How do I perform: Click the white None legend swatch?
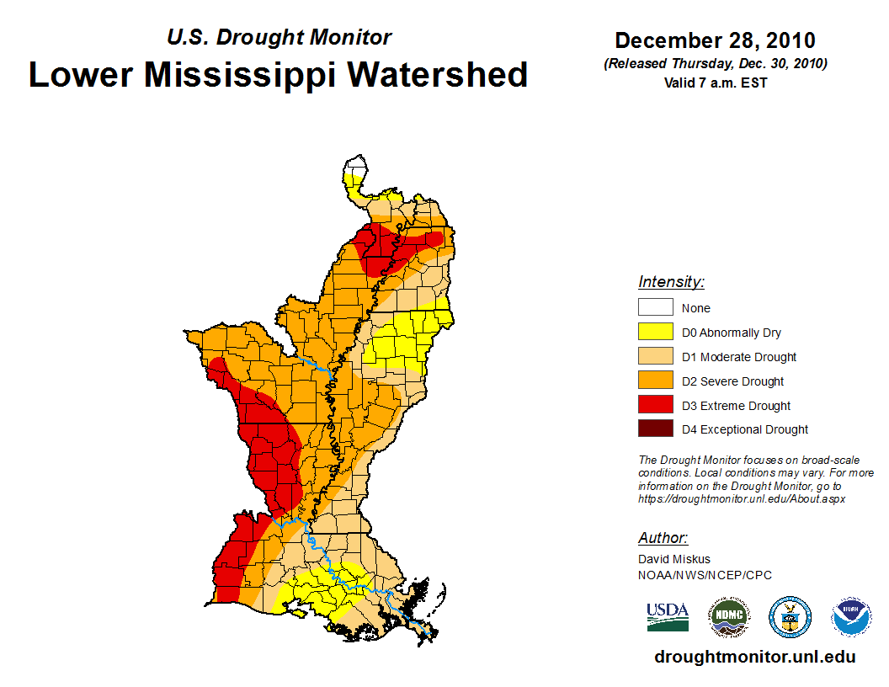(x=655, y=308)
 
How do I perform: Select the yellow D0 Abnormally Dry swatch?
(x=655, y=333)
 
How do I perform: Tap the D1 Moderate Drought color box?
(x=655, y=357)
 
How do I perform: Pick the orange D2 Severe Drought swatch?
(x=655, y=381)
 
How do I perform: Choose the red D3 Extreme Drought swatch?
(x=655, y=405)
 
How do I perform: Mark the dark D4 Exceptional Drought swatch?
(x=655, y=429)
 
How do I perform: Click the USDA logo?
(x=668, y=616)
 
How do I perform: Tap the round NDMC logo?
(x=729, y=617)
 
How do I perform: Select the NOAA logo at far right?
(x=851, y=617)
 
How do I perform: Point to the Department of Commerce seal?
(x=790, y=617)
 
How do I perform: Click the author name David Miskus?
(x=674, y=559)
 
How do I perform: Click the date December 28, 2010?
(x=715, y=40)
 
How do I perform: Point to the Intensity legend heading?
(x=671, y=282)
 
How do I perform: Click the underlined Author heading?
(x=663, y=538)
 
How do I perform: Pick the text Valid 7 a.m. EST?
(x=715, y=83)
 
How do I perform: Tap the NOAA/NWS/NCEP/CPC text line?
(x=705, y=575)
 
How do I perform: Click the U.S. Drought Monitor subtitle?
(x=279, y=37)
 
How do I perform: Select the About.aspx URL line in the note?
(x=741, y=498)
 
